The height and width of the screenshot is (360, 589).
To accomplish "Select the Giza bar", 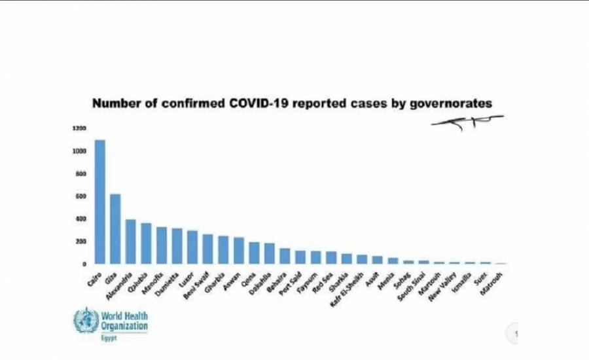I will coord(115,229).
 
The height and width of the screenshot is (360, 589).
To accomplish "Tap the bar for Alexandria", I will coord(131,242).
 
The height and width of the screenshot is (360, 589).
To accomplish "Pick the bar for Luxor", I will coord(192,247).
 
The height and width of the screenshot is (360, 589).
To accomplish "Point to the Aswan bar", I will coord(238,250).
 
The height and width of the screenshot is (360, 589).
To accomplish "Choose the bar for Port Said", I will coord(300,257).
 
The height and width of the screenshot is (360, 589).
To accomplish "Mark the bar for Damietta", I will coord(177,245).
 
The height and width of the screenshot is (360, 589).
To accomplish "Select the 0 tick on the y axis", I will coord(83,264).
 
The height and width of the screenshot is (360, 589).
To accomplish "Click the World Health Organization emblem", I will coord(85,320).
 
